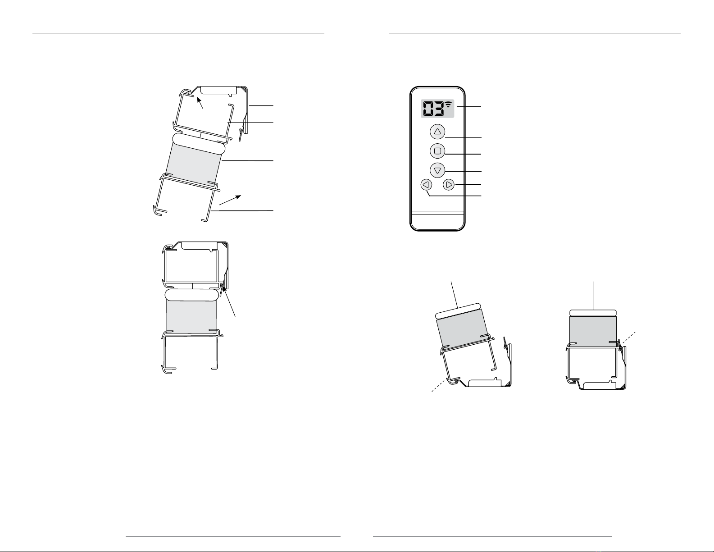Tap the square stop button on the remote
click(x=437, y=151)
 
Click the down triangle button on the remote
click(x=437, y=170)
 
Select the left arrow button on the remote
click(x=426, y=185)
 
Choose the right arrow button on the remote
click(x=449, y=185)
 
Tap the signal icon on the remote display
click(x=449, y=105)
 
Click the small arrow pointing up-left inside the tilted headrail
click(x=200, y=103)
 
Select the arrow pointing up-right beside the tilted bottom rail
click(x=230, y=200)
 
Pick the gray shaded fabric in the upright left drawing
click(x=191, y=316)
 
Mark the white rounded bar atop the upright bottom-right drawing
click(x=593, y=313)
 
